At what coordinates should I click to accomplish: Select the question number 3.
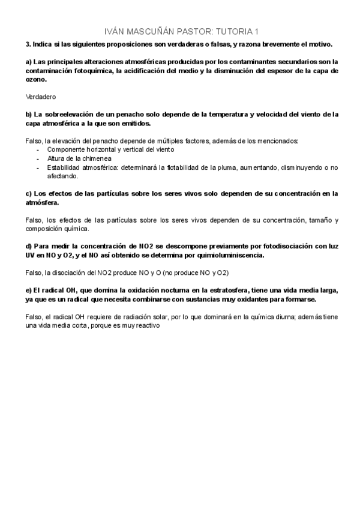28,44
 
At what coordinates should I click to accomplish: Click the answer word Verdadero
41,97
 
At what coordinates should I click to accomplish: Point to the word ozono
36,79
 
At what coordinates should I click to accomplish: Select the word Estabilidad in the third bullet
63,167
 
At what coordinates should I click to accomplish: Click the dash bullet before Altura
38,158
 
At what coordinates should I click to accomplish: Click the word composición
45,229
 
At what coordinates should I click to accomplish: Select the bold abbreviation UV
31,255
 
